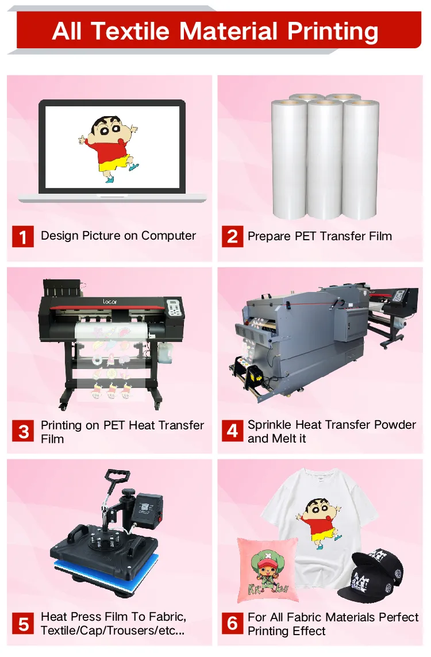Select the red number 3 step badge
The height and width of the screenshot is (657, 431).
[x=23, y=432]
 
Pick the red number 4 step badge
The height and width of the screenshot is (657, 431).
[x=232, y=431]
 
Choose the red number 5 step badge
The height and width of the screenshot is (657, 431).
[x=23, y=624]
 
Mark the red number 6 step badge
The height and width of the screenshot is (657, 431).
[x=232, y=624]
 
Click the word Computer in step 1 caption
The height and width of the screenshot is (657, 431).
[x=168, y=236]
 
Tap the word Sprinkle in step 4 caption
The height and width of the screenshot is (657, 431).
[x=270, y=425]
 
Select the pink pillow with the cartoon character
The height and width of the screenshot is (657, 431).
[x=267, y=570]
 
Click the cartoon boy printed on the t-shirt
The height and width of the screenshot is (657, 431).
[x=318, y=520]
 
